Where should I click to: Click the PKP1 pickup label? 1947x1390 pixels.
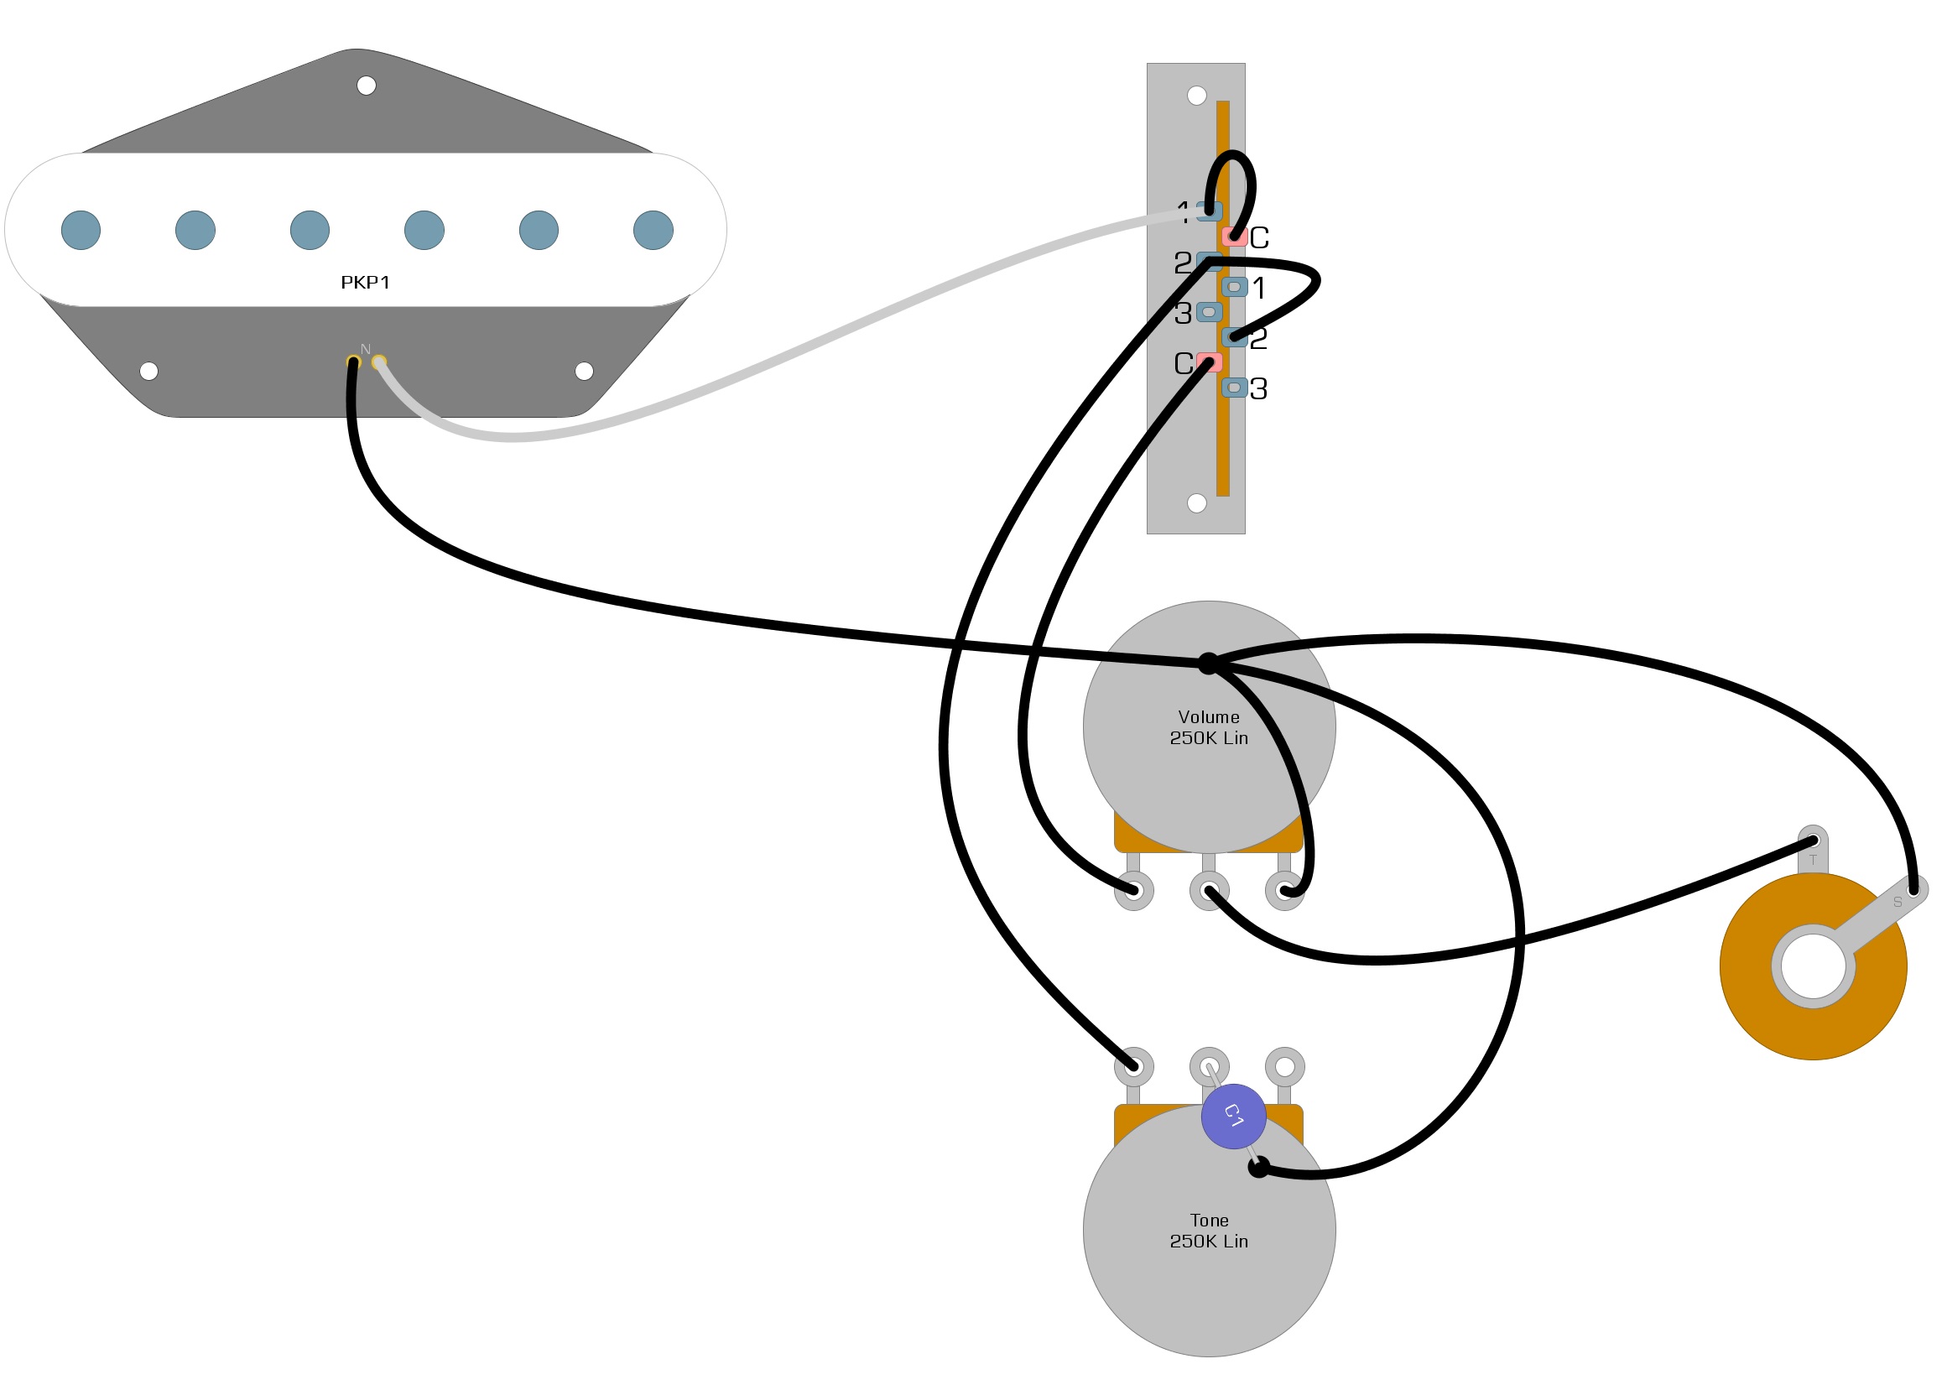pyautogui.click(x=365, y=283)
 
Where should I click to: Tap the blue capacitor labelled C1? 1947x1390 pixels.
pyautogui.click(x=1233, y=1116)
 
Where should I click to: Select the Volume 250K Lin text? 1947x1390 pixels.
pyautogui.click(x=1209, y=727)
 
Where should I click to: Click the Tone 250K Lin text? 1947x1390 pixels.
pyautogui.click(x=1209, y=1231)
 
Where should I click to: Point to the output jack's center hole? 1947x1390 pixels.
pyautogui.click(x=1813, y=966)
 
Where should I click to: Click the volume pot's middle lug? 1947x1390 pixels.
pyautogui.click(x=1209, y=891)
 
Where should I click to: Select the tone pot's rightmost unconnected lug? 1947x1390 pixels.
pyautogui.click(x=1283, y=1066)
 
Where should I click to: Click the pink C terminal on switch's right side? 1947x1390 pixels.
pyautogui.click(x=1233, y=237)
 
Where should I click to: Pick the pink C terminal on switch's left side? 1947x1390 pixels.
pyautogui.click(x=1209, y=363)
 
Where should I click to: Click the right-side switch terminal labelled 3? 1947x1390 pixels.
pyautogui.click(x=1233, y=388)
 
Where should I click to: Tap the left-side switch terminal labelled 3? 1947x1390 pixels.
pyautogui.click(x=1209, y=312)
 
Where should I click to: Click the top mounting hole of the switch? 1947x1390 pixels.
pyautogui.click(x=1196, y=95)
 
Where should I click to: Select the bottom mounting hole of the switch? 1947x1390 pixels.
pyautogui.click(x=1196, y=503)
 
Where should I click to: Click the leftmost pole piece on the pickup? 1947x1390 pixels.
pyautogui.click(x=81, y=230)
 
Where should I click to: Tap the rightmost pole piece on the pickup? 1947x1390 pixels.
pyautogui.click(x=653, y=230)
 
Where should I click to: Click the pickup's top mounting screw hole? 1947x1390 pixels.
pyautogui.click(x=366, y=86)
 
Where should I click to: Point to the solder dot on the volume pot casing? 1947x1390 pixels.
pyautogui.click(x=1208, y=664)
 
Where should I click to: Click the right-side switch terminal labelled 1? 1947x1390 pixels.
pyautogui.click(x=1233, y=287)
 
